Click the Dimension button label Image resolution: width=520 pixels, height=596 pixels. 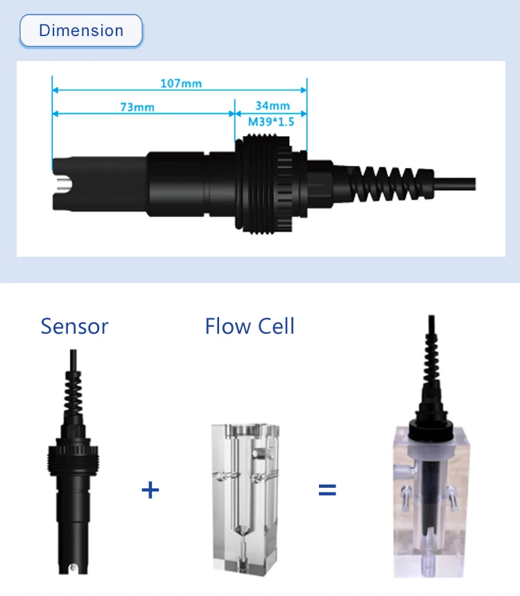point(81,31)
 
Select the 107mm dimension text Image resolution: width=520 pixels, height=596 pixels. point(181,83)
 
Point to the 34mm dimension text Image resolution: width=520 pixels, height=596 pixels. point(272,105)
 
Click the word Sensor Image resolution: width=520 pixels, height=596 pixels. point(74,326)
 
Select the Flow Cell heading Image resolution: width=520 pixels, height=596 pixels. point(250,326)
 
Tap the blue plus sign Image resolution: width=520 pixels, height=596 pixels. point(150,490)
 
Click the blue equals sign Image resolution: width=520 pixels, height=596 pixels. point(327,490)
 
